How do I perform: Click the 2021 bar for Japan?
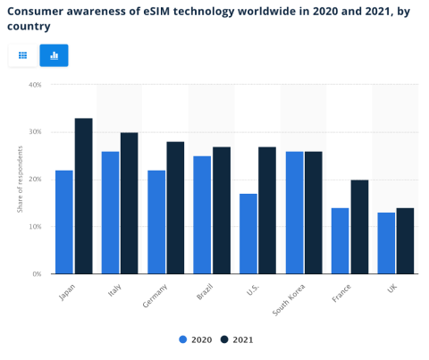click(83, 196)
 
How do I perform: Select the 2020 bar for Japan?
click(64, 222)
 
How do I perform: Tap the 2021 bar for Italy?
click(130, 203)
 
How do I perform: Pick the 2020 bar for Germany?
click(156, 222)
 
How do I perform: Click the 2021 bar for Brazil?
click(222, 210)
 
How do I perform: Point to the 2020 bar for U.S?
click(248, 233)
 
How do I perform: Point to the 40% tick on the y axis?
click(35, 85)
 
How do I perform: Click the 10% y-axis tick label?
click(35, 227)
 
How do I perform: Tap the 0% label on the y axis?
click(37, 274)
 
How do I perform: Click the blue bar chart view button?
click(54, 55)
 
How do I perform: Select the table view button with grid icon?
click(23, 55)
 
